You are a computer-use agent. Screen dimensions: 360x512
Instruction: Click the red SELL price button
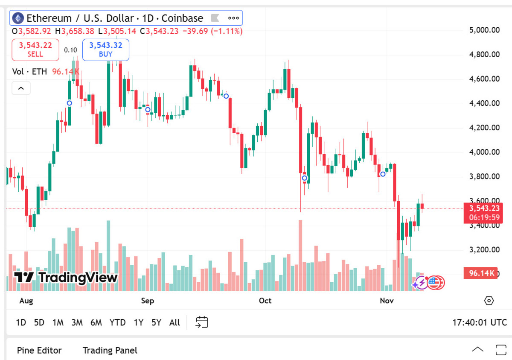[x=35, y=50]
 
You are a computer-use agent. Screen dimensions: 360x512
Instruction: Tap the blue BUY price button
[x=105, y=50]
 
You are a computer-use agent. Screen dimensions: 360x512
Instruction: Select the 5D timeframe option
[x=39, y=322]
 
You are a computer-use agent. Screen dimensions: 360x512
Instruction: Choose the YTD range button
[x=117, y=322]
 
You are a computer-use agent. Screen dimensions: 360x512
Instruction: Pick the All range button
[x=175, y=322]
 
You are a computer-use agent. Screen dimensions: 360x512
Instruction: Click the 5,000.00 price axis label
[x=484, y=30]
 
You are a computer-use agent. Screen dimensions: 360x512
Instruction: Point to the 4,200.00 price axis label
[x=484, y=128]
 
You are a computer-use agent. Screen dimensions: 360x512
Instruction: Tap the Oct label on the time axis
[x=265, y=301]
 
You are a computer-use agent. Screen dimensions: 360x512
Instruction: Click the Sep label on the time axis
[x=148, y=301]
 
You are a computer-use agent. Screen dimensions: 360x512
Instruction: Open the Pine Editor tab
[x=39, y=350]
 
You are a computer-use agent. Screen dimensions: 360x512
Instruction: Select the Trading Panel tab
[x=110, y=350]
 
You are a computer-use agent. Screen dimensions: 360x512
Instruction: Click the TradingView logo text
[x=66, y=278]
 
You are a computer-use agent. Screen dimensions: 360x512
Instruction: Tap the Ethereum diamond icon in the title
[x=18, y=18]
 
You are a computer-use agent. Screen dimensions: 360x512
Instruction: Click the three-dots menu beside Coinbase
[x=233, y=18]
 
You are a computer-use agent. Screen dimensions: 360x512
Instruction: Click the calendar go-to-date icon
[x=201, y=322]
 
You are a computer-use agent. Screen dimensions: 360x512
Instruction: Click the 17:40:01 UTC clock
[x=480, y=322]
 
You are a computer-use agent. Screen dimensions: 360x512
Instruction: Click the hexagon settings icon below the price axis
[x=489, y=301]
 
